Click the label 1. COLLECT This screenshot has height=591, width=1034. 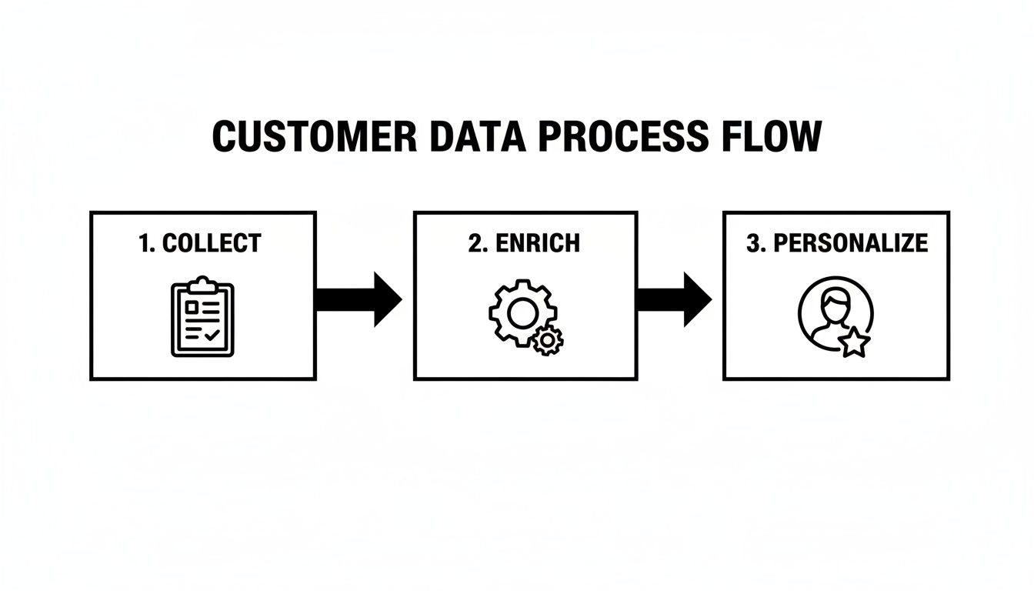coord(200,243)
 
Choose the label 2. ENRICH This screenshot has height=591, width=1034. coord(524,243)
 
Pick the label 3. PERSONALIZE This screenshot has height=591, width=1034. coord(837,243)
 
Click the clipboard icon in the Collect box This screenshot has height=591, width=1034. coord(202,319)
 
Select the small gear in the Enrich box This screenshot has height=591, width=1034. coord(548,339)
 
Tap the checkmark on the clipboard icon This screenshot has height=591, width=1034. coord(212,335)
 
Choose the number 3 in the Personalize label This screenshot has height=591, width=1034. coord(753,243)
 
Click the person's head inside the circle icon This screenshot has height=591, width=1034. coord(832,302)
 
